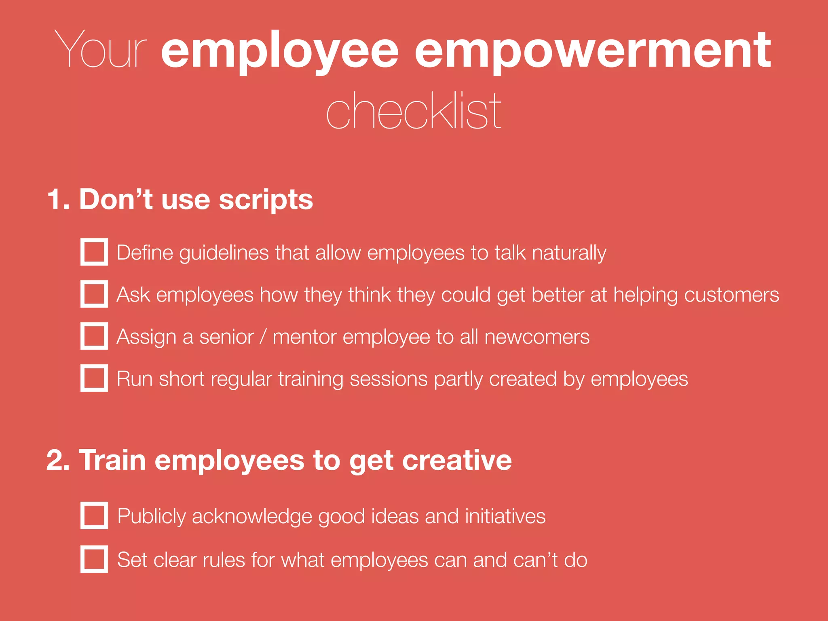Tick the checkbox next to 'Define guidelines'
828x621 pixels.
coord(94,252)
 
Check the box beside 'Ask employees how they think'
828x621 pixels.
coord(94,294)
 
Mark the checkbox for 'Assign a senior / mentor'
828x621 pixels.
coord(94,336)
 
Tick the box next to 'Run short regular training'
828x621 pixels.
coord(94,378)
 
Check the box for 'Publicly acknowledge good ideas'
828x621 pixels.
coord(94,515)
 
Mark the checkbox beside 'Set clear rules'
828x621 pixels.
coord(94,559)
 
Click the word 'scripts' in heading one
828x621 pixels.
coord(266,200)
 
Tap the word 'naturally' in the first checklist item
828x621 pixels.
coord(569,253)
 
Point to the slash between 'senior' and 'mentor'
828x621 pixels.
coord(263,337)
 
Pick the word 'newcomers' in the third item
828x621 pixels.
coord(537,337)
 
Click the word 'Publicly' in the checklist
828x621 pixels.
coord(151,517)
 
